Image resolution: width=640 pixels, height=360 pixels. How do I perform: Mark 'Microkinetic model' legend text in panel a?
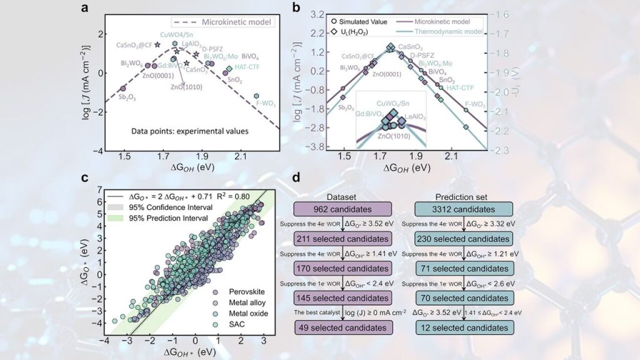(237, 22)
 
